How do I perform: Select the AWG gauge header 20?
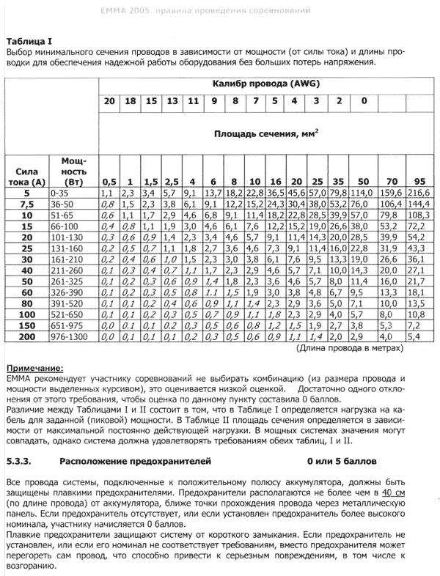click(109, 100)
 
